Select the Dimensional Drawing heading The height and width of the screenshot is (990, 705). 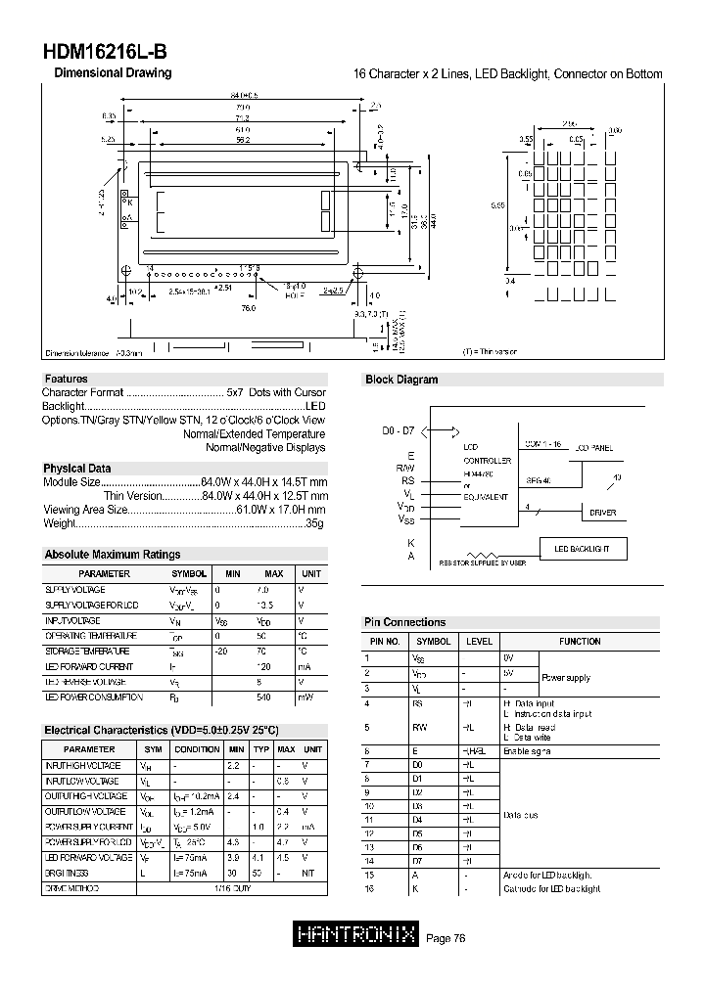pyautogui.click(x=113, y=73)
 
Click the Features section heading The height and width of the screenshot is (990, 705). pyautogui.click(x=66, y=379)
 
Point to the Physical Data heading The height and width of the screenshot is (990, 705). pyautogui.click(x=77, y=468)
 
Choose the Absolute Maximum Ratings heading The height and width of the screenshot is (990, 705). pyautogui.click(x=113, y=555)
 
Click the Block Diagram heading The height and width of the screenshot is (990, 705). pyautogui.click(x=401, y=380)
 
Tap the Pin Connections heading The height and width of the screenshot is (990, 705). pyautogui.click(x=404, y=622)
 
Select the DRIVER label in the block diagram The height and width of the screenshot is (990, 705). pyautogui.click(x=602, y=513)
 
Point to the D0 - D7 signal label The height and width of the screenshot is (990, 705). pyautogui.click(x=398, y=431)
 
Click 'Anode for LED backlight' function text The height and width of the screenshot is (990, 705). pyautogui.click(x=547, y=874)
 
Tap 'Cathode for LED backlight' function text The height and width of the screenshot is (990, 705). pyautogui.click(x=551, y=888)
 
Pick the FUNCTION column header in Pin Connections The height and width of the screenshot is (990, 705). pyautogui.click(x=580, y=642)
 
